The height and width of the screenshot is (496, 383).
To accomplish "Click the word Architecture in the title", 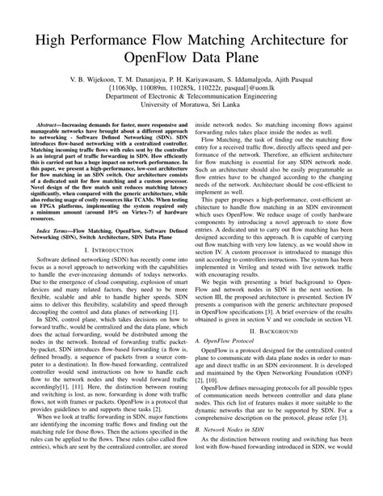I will [x=284, y=37].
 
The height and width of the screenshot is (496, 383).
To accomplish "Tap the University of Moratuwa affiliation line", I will [x=191, y=114].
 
